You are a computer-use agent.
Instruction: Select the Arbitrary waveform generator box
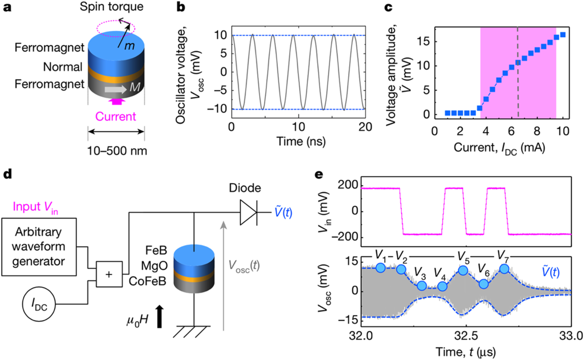point(39,247)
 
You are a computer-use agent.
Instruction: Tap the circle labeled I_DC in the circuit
point(39,304)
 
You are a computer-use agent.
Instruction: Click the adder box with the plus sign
point(109,274)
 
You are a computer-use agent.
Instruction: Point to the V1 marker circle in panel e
point(380,268)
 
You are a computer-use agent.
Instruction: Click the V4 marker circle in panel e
point(442,286)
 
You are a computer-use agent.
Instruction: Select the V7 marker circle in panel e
point(504,268)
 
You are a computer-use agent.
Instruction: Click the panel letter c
point(388,7)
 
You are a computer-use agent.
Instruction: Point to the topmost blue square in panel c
point(563,35)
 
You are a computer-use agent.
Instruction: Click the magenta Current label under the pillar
point(116,116)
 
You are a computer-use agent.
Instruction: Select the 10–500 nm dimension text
point(117,151)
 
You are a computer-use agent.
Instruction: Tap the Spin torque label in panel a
point(111,6)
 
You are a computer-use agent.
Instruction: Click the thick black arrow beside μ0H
point(159,317)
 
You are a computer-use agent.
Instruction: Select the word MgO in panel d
point(154,266)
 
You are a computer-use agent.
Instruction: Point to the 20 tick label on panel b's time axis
point(365,127)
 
